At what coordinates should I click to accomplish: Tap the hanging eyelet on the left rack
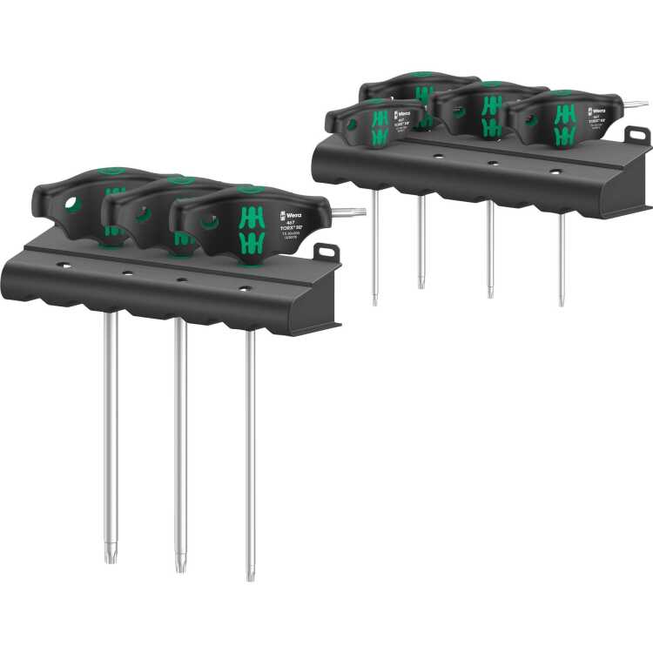[326, 251]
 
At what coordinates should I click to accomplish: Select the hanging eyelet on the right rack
[637, 134]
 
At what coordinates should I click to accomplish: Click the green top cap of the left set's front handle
[249, 188]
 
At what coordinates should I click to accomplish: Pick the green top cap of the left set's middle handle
[180, 180]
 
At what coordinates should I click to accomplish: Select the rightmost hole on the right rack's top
[555, 172]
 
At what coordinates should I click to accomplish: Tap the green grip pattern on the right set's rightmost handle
[564, 124]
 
